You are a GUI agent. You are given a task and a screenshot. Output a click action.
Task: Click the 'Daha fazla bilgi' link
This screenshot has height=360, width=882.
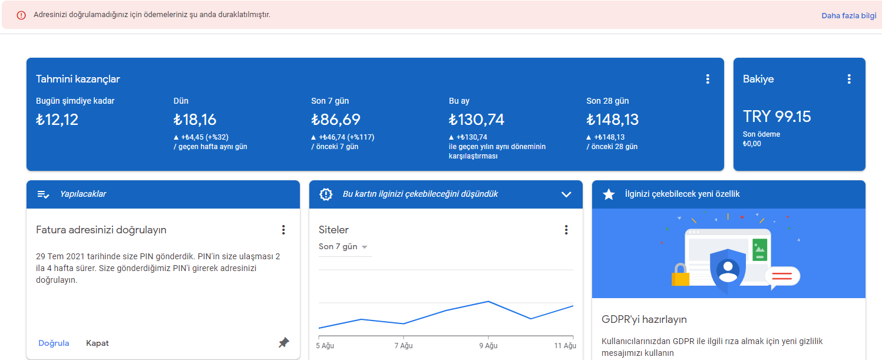click(848, 16)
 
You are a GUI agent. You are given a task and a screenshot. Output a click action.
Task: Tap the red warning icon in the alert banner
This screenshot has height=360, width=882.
click(21, 15)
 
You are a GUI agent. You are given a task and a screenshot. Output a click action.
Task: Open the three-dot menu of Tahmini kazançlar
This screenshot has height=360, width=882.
click(708, 79)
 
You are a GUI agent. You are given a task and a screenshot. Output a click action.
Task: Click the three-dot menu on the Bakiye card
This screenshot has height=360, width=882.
click(849, 79)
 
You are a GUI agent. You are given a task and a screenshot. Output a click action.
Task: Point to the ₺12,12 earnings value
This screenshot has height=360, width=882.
click(57, 120)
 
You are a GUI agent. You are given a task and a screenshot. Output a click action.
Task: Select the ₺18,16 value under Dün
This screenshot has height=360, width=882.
click(195, 120)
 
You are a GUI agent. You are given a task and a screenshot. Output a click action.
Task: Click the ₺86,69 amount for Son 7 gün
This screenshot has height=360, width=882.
click(336, 120)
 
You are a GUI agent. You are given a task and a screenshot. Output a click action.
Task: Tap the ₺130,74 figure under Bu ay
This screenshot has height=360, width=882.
click(477, 120)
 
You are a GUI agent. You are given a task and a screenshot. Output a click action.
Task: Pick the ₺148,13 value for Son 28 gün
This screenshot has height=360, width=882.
click(613, 120)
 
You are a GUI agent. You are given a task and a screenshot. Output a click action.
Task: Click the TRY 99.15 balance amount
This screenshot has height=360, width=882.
click(777, 117)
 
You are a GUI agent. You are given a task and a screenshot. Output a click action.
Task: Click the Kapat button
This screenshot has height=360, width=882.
click(97, 343)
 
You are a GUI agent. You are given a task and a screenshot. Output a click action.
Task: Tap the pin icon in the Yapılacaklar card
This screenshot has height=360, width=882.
click(283, 343)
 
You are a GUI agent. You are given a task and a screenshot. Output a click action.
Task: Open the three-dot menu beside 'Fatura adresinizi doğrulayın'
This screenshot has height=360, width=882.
click(283, 230)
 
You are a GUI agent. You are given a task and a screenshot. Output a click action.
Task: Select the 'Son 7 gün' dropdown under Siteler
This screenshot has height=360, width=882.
click(343, 247)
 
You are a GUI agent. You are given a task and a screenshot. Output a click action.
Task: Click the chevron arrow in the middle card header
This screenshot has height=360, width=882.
click(566, 194)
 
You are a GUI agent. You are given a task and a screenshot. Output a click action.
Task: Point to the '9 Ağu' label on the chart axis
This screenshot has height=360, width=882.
click(488, 345)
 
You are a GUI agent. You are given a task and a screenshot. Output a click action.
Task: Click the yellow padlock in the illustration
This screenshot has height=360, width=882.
click(681, 275)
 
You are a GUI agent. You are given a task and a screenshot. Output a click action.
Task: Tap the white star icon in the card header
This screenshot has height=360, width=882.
click(609, 194)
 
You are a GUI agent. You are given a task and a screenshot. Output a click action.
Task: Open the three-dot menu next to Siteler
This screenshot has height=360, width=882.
click(566, 230)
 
